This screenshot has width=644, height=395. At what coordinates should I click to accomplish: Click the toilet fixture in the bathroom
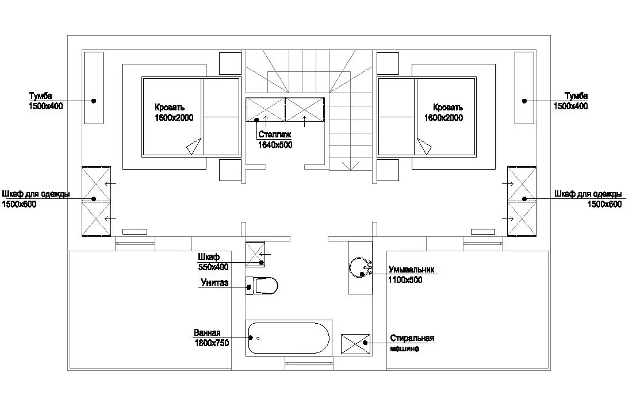262,285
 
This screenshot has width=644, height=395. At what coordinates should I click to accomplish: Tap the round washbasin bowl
359,267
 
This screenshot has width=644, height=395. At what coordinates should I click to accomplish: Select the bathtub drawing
289,338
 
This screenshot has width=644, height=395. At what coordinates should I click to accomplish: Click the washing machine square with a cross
356,344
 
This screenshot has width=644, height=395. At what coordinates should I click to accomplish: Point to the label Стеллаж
275,135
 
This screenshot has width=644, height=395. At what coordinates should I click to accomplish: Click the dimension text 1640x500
275,144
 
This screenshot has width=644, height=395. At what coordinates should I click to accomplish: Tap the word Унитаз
214,282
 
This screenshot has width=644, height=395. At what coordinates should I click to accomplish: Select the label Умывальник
411,270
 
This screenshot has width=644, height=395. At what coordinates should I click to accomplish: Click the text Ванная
208,332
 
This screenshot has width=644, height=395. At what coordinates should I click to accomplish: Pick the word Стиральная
412,338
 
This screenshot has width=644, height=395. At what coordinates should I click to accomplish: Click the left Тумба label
41,96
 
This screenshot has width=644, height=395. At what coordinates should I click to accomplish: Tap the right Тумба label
576,96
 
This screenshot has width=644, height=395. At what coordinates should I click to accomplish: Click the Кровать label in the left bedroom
170,108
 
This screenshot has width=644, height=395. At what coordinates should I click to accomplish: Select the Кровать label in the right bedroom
448,108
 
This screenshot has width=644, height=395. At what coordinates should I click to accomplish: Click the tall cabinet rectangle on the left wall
94,88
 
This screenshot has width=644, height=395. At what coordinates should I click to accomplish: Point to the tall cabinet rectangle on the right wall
524,88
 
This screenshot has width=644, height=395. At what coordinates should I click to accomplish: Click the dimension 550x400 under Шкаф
213,267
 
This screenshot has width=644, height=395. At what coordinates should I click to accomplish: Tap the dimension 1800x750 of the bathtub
212,343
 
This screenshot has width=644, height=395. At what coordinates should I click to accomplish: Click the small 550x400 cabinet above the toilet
255,254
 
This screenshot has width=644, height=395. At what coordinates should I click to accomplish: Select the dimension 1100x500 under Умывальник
405,280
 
